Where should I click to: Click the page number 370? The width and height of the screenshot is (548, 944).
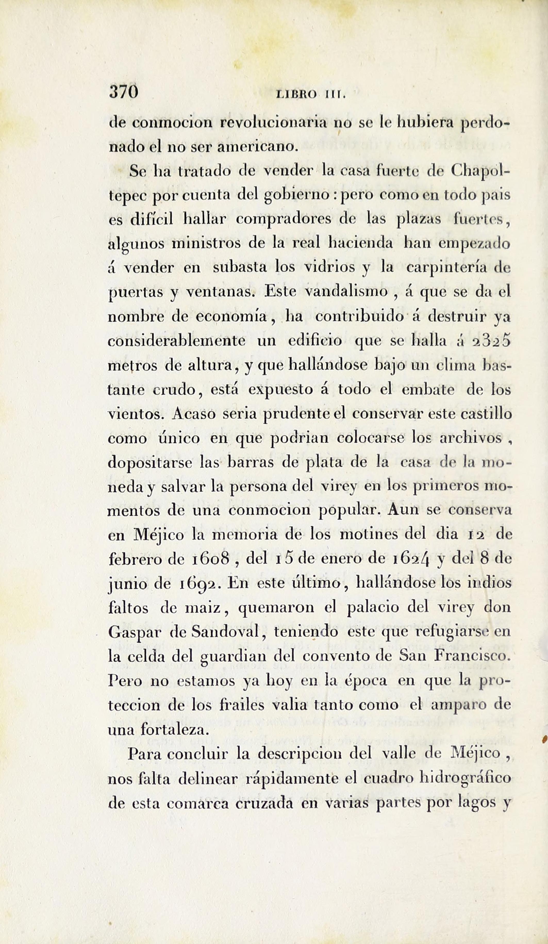[x=124, y=92]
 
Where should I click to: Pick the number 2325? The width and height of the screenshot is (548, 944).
[x=491, y=341]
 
